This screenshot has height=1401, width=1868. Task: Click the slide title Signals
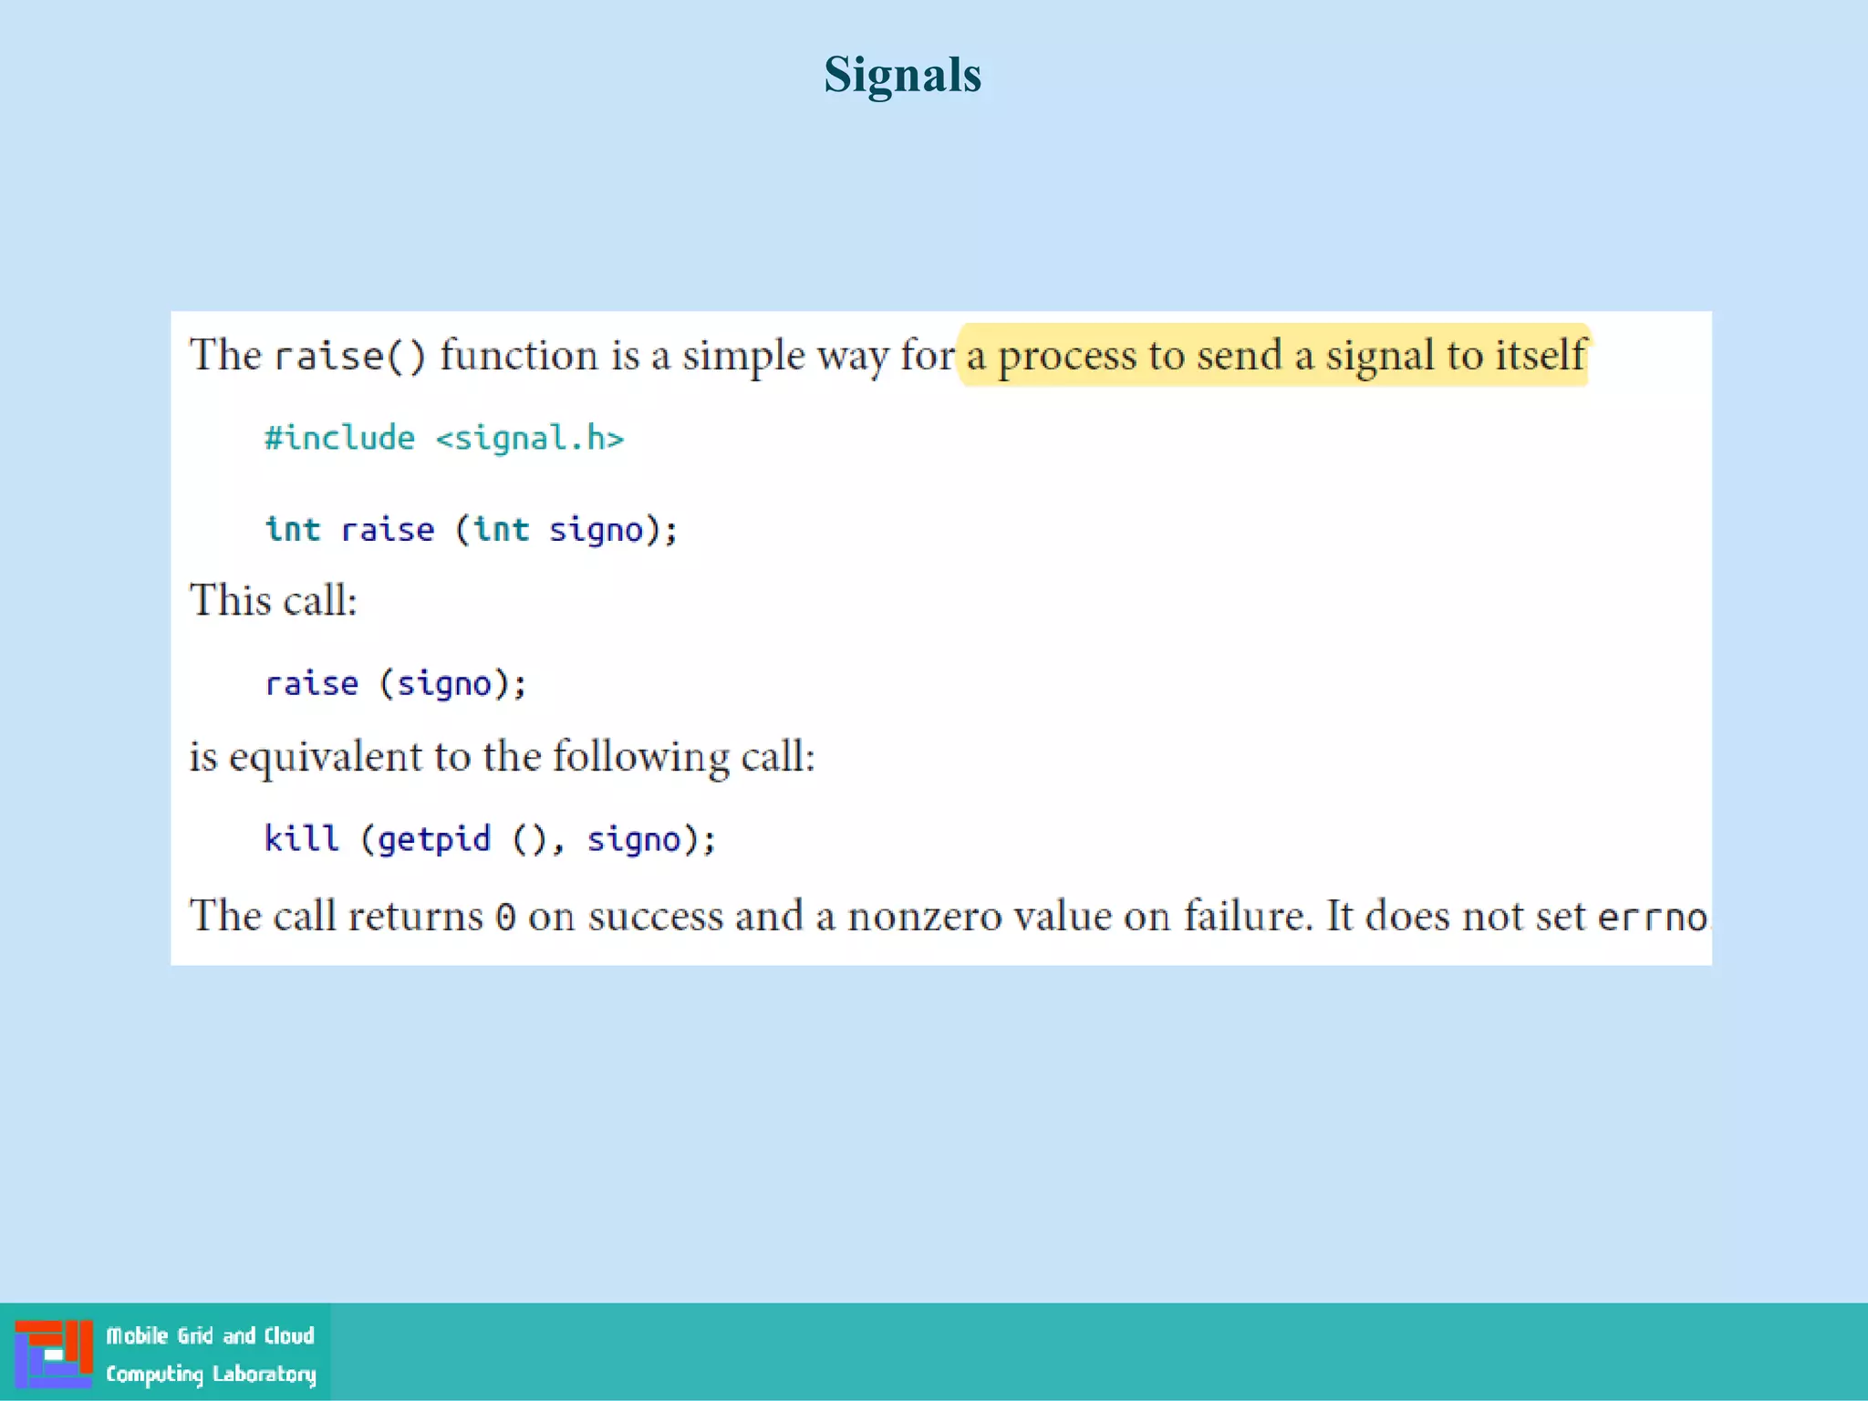pos(902,75)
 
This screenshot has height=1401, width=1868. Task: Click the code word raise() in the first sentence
pos(350,356)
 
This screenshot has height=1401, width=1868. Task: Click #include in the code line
pos(339,439)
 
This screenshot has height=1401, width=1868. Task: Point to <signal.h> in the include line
pos(530,439)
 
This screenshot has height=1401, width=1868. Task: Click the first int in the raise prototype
pos(292,529)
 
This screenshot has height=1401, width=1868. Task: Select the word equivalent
pos(326,757)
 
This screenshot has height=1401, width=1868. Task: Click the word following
pos(641,757)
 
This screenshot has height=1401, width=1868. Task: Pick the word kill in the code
pos(301,838)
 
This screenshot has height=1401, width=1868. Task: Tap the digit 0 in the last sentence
pos(505,917)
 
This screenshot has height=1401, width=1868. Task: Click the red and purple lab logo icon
pos(54,1354)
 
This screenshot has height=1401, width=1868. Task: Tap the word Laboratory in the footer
pos(265,1374)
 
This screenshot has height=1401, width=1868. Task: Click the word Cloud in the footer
pos(289,1335)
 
